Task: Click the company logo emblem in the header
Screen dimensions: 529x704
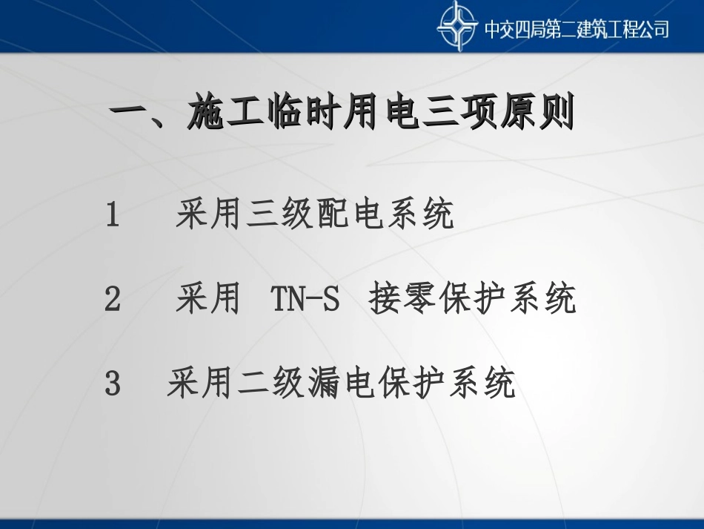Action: pyautogui.click(x=457, y=27)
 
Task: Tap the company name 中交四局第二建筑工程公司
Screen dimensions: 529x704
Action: pyautogui.click(x=577, y=29)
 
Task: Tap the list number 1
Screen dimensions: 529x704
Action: pyautogui.click(x=113, y=216)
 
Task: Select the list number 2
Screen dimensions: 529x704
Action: pyautogui.click(x=113, y=300)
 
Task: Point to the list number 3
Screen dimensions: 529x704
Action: pyautogui.click(x=113, y=385)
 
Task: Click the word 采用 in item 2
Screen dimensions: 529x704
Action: pyautogui.click(x=207, y=300)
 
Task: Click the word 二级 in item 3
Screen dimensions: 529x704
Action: pyautogui.click(x=262, y=385)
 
